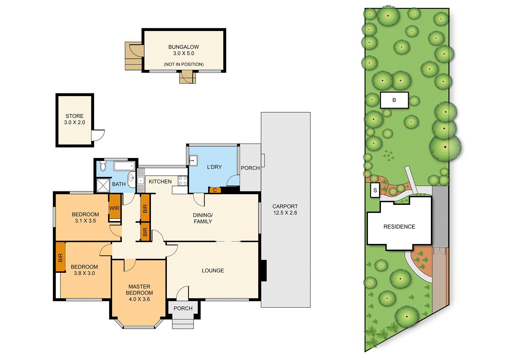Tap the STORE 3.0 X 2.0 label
[75, 119]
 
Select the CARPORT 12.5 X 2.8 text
[285, 209]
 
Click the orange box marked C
[215, 190]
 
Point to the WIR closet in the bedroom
[114, 208]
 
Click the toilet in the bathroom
[103, 166]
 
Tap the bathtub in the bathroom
[124, 165]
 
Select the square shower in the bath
[103, 185]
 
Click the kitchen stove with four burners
[183, 181]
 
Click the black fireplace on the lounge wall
[263, 270]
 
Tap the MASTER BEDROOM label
[139, 292]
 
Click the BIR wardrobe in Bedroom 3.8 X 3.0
[60, 257]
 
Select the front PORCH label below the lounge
[183, 308]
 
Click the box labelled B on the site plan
[394, 100]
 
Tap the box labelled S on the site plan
[375, 190]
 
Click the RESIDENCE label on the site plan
[399, 227]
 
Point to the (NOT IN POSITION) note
[184, 64]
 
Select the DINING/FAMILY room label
[203, 218]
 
